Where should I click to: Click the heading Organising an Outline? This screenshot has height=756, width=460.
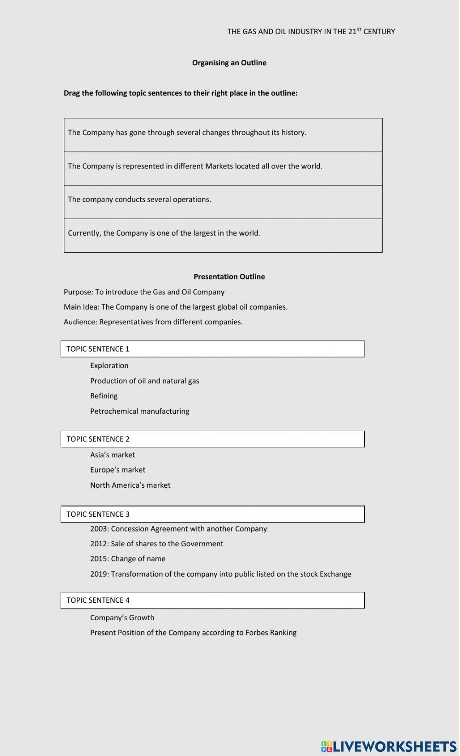point(229,63)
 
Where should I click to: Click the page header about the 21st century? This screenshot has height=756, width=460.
point(311,31)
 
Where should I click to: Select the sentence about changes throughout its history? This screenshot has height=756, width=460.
point(187,133)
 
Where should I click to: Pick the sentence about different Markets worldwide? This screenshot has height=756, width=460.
point(195,166)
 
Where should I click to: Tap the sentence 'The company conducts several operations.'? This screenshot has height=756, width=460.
point(139,199)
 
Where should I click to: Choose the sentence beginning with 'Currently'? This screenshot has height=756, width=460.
point(164,233)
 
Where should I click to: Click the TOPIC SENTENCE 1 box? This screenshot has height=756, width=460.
point(212,349)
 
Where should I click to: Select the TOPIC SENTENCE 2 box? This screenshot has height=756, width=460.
point(212,439)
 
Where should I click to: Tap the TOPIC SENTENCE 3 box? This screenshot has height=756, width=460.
point(212,514)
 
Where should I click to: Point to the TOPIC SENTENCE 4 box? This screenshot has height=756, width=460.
point(212,600)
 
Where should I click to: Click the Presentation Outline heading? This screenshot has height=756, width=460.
point(229,277)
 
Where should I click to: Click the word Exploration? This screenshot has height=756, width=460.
point(109,365)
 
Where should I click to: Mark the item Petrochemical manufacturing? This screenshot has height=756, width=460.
point(139,411)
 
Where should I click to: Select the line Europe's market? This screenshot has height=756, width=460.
point(117,470)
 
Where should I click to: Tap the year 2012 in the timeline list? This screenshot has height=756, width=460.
point(98,543)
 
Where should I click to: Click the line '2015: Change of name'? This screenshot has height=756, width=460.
point(127,559)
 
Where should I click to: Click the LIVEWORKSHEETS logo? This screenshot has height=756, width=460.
point(388,746)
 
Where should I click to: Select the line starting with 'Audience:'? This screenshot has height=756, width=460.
point(153,322)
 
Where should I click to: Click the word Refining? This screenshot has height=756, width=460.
point(103,396)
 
